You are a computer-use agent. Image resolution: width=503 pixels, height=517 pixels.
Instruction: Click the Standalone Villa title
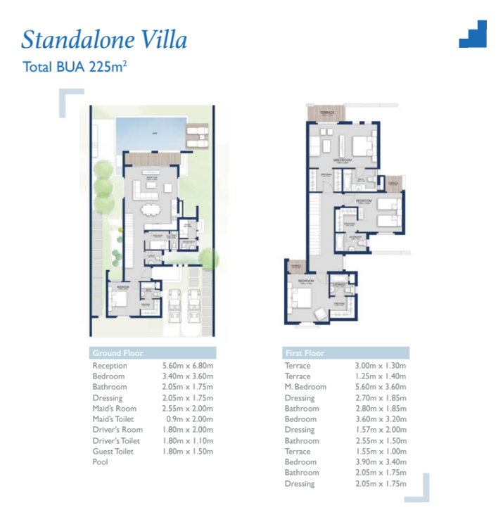point(104,39)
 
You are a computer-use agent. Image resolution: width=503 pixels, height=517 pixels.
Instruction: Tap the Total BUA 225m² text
point(74,68)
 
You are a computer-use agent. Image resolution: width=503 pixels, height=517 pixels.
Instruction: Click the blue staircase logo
point(473,34)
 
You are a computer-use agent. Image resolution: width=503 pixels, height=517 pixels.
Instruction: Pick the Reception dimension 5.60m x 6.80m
point(183,366)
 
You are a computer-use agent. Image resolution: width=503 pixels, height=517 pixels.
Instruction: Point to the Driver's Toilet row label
point(117,440)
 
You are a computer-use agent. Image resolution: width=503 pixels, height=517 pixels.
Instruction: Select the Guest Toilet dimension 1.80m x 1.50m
point(183,452)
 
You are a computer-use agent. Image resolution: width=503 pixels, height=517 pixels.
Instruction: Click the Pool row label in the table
point(100,462)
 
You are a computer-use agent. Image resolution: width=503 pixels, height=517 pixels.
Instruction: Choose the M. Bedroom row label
point(305,387)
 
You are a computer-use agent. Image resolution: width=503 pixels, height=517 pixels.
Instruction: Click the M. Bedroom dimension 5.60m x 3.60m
point(380,387)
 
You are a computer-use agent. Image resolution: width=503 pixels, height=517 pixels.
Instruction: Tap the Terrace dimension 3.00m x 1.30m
point(380,366)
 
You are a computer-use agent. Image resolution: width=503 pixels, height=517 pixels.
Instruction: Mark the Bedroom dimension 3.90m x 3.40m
point(380,462)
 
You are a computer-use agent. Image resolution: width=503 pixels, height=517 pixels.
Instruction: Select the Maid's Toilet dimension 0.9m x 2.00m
point(183,419)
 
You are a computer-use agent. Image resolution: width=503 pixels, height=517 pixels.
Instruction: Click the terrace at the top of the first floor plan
point(326,113)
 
